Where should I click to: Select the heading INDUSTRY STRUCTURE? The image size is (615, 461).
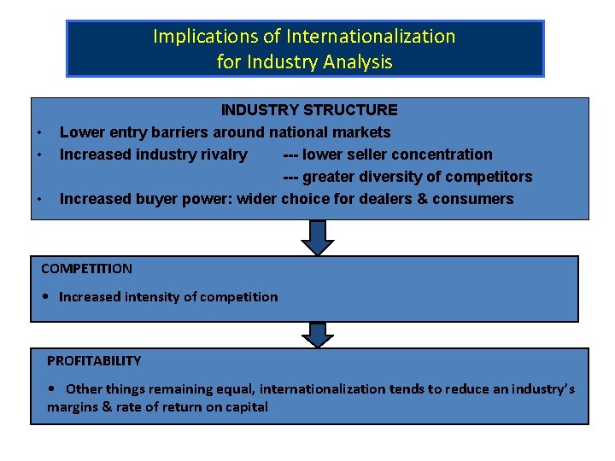pyautogui.click(x=309, y=110)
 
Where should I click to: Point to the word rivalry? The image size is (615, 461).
pyautogui.click(x=220, y=155)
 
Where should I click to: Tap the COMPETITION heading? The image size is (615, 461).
pyautogui.click(x=86, y=269)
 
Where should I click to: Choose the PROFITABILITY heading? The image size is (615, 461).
pyautogui.click(x=94, y=361)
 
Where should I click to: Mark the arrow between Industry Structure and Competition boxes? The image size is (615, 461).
pyautogui.click(x=318, y=237)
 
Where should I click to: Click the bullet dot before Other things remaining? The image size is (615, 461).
pyautogui.click(x=53, y=389)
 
